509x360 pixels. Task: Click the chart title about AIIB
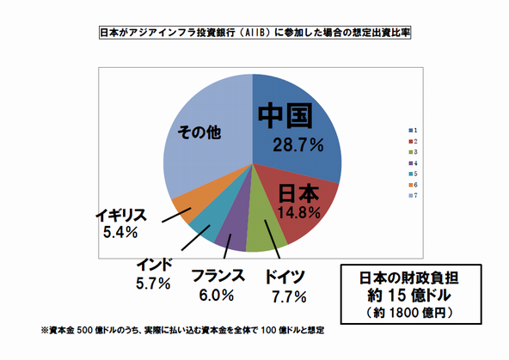(x=254, y=35)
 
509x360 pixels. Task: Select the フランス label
(x=217, y=277)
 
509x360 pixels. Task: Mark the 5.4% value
(x=120, y=232)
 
